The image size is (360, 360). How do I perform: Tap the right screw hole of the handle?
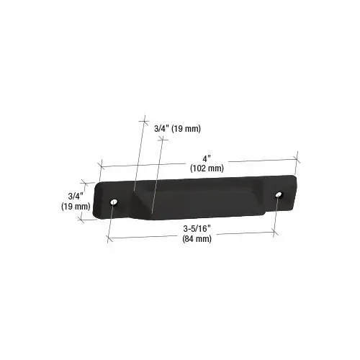(x=278, y=194)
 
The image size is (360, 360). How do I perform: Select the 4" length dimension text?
(x=207, y=158)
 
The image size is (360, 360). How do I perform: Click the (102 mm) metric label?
(x=207, y=168)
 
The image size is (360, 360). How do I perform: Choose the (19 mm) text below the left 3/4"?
(x=76, y=206)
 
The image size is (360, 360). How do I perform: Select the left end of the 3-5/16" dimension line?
(x=109, y=237)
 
